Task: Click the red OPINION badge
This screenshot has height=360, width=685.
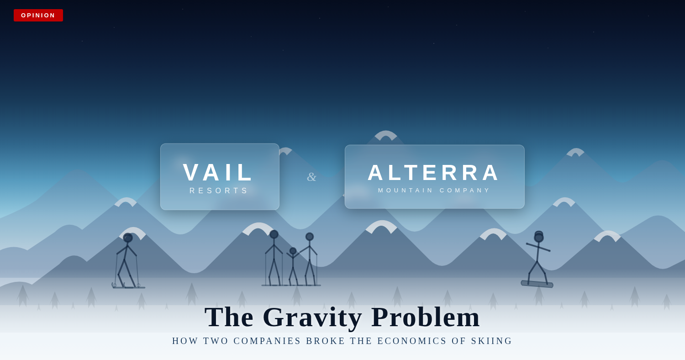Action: [x=38, y=15]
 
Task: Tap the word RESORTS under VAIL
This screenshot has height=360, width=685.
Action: [x=219, y=191]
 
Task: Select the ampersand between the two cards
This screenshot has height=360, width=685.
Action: [x=311, y=177]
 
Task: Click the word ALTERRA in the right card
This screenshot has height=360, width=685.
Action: [x=434, y=173]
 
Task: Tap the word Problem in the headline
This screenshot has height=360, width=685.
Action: [x=426, y=317]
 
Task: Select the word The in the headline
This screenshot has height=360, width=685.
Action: [x=229, y=317]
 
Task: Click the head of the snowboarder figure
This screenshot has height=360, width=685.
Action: [x=539, y=237]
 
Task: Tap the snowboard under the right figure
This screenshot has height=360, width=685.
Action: [x=537, y=284]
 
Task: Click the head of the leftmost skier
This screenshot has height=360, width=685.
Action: [x=128, y=238]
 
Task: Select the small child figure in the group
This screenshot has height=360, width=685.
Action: [x=293, y=265]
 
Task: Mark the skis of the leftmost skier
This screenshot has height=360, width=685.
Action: [x=129, y=287]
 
